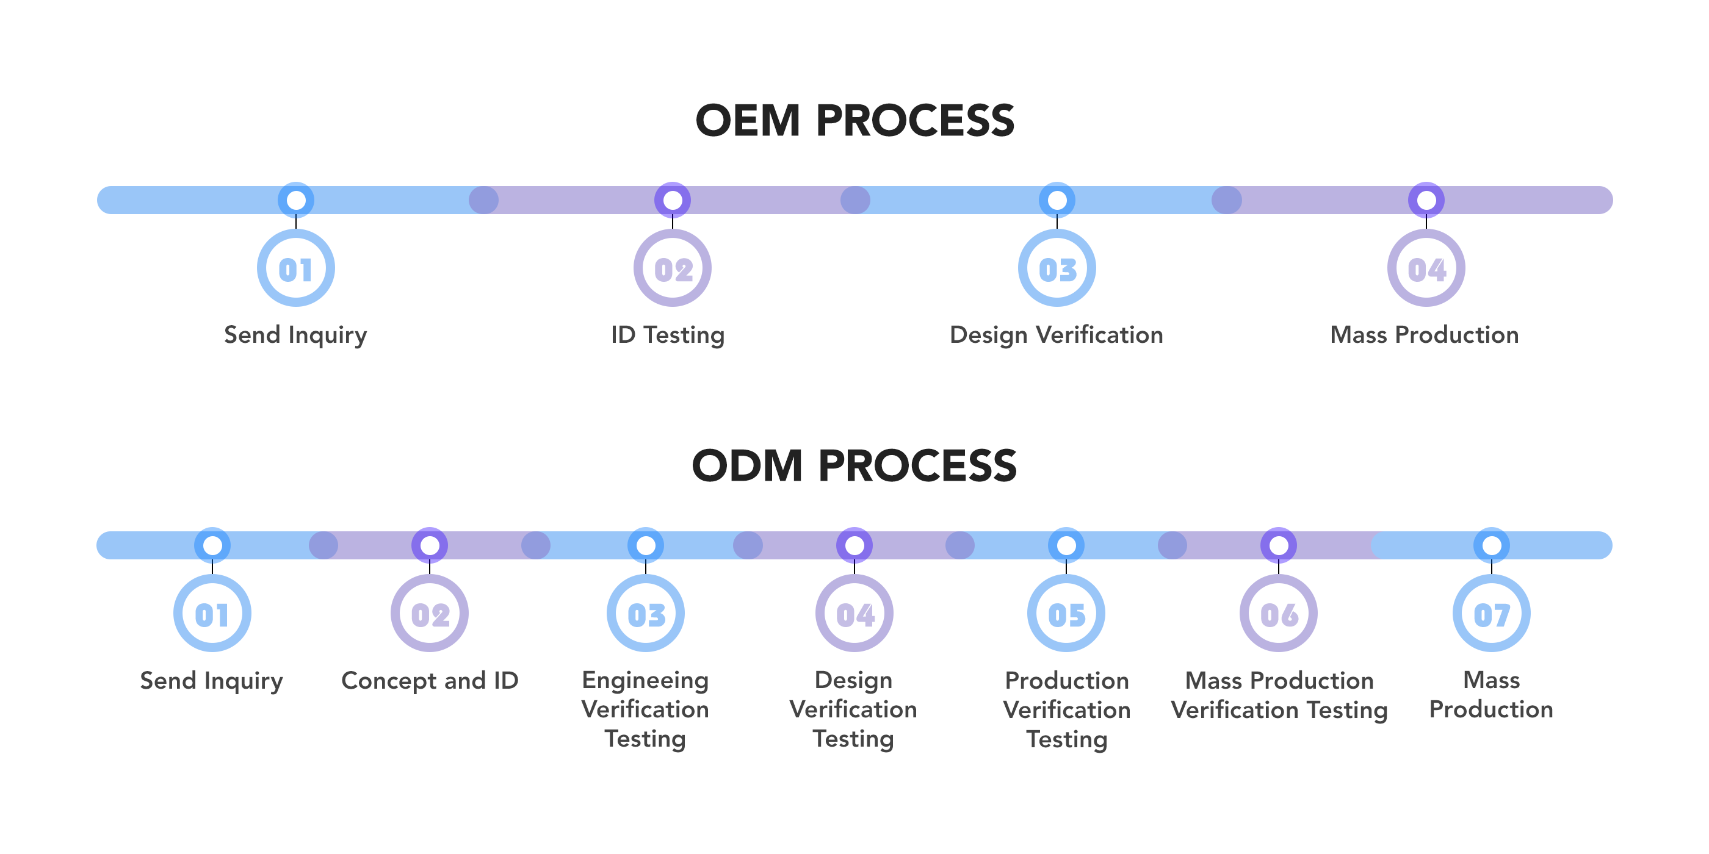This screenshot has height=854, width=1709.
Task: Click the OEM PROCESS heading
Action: pos(854,121)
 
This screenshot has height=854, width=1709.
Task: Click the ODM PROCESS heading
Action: pos(854,465)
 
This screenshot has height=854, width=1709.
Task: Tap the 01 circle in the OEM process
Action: pos(295,268)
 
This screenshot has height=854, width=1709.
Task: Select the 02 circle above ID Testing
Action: pos(672,268)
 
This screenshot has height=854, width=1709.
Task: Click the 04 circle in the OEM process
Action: pos(1426,268)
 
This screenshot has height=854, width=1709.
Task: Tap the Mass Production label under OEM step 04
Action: pos(1425,335)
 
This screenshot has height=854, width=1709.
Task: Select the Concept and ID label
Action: pos(429,681)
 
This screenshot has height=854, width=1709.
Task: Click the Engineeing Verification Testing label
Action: pos(645,709)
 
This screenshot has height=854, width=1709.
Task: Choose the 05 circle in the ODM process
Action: pos(1066,614)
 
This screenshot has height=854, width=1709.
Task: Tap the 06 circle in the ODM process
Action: pos(1279,614)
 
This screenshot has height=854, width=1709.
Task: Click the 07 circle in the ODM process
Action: pos(1491,614)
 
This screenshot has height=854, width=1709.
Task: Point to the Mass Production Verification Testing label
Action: pos(1279,695)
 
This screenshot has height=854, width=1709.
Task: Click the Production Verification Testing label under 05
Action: pos(1066,709)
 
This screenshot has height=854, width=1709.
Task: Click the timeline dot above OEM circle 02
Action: pos(672,199)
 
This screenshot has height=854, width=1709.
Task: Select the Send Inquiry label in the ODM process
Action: pos(212,681)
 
